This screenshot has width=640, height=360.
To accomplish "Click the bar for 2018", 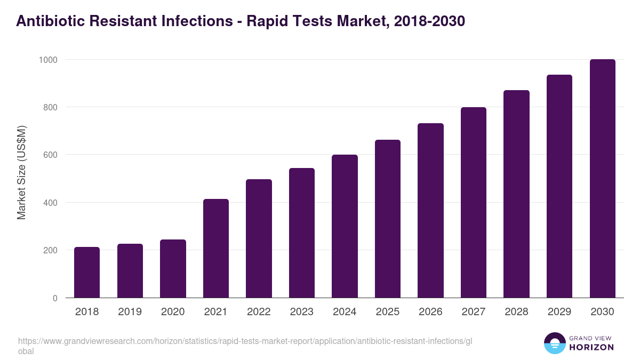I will tap(87, 273).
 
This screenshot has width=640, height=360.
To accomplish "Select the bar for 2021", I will tap(216, 249).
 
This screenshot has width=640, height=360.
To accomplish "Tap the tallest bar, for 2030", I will tap(602, 179).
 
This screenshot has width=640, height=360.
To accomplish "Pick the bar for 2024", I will tap(345, 226).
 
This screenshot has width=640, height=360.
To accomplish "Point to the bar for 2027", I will tap(474, 203).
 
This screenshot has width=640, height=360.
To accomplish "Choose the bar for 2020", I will tap(173, 269).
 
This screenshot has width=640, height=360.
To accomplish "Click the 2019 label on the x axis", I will tap(130, 312).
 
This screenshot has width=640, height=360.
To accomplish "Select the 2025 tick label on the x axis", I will tap(388, 312).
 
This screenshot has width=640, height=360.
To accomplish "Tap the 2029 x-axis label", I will tap(559, 312).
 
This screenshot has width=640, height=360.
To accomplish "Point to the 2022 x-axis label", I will tap(259, 312).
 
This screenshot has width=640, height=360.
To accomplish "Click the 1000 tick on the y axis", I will tap(47, 60).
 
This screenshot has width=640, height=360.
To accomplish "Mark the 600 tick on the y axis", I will tap(50, 155).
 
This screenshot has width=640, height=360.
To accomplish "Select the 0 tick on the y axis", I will tap(55, 298).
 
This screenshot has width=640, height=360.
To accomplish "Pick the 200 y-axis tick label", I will tap(50, 251).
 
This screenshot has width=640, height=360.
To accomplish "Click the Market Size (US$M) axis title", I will tap(21, 172).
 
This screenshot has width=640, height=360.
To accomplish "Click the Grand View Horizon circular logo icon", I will tap(554, 343).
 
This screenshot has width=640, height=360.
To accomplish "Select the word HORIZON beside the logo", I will tap(591, 347).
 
